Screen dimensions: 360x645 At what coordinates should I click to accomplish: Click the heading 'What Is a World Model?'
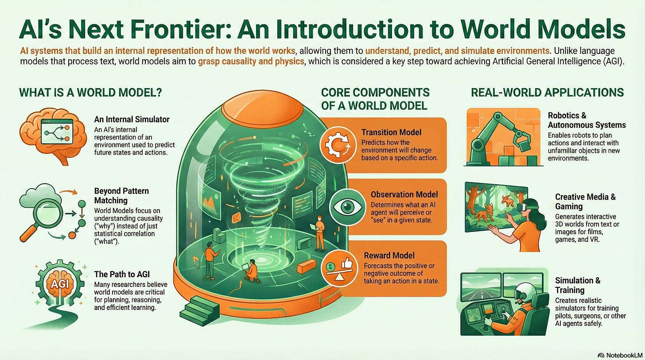pos(90,93)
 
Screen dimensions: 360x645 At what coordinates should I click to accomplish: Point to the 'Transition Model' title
pos(391,132)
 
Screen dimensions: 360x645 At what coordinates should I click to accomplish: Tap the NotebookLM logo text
pos(622,354)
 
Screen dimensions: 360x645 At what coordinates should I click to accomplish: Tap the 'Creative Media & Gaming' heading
pos(585,201)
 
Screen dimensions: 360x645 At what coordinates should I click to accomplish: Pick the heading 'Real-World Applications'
pos(547,93)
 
